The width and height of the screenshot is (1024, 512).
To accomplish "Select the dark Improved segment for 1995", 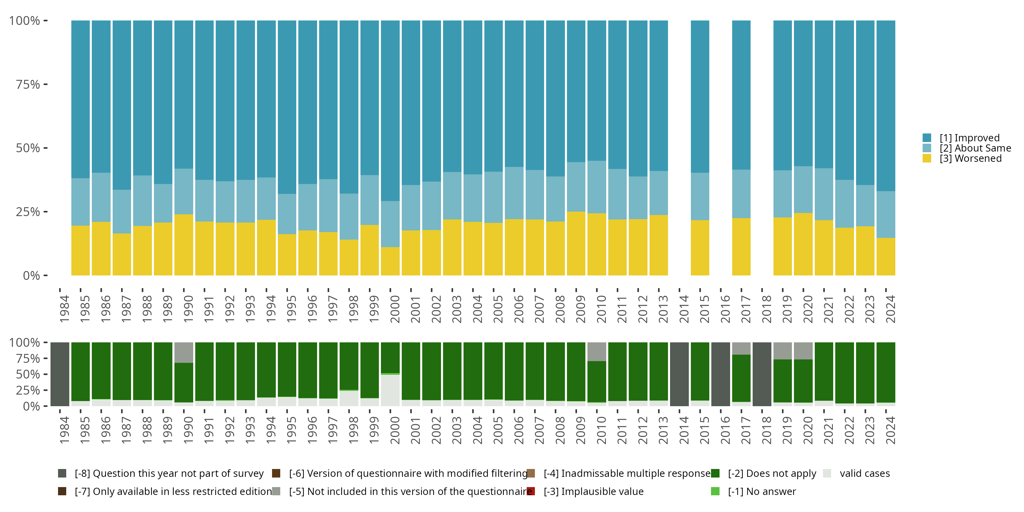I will click(x=287, y=107).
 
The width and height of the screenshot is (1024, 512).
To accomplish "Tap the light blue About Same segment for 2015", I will click(x=700, y=196).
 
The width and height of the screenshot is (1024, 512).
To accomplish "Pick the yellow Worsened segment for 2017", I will click(x=741, y=246).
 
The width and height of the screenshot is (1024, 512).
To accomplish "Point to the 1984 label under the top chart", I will click(x=64, y=309).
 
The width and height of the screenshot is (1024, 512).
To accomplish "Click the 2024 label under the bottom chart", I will click(x=891, y=430).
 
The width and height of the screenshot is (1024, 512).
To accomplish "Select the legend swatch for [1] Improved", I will click(x=927, y=138).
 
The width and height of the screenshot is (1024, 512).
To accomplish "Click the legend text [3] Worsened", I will click(x=970, y=159).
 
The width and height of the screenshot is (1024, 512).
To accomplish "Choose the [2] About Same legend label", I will click(x=975, y=148).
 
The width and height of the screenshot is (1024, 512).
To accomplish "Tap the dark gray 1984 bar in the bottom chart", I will click(x=60, y=374).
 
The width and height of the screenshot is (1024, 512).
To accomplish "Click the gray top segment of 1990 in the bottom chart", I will click(x=184, y=352).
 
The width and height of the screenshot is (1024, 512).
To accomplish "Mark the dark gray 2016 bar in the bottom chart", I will click(x=721, y=374).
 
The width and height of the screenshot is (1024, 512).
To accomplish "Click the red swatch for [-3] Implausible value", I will click(x=531, y=491).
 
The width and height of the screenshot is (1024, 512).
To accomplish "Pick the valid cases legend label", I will click(x=865, y=473).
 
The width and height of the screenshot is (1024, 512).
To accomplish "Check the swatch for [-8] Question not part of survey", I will click(x=62, y=473).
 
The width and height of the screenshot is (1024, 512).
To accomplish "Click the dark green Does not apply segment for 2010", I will click(x=597, y=382).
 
